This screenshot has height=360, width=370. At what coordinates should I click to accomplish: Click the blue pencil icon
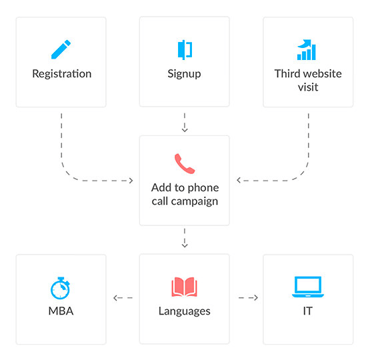(x=61, y=49)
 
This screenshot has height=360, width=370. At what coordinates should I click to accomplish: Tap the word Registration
(x=62, y=74)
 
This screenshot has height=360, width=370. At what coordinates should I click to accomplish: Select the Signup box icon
(x=185, y=50)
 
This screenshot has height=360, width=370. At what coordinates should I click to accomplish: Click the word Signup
(x=184, y=74)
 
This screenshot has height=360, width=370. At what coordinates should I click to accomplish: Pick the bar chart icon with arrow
(x=306, y=49)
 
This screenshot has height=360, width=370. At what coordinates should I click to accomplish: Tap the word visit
(x=308, y=87)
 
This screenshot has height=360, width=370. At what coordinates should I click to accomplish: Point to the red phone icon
(x=185, y=164)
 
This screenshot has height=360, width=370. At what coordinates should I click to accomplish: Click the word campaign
(x=195, y=202)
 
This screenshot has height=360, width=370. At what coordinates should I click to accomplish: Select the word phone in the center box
(x=203, y=188)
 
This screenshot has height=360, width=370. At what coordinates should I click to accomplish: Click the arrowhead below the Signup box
(x=185, y=130)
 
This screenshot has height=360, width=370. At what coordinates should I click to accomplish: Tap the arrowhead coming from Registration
(x=131, y=181)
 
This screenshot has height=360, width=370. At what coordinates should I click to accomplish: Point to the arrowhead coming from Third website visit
(x=239, y=181)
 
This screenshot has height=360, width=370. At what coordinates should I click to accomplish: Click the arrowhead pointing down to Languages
(x=185, y=245)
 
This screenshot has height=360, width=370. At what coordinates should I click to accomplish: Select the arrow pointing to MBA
(x=123, y=298)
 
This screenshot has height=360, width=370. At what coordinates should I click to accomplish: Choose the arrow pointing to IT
(x=248, y=298)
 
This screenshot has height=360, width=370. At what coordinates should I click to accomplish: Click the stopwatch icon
(x=61, y=288)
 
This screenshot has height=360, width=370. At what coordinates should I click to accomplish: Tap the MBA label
(x=61, y=311)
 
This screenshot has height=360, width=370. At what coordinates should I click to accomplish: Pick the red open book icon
(x=184, y=287)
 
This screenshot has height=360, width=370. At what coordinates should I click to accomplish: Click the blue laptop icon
(x=308, y=287)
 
